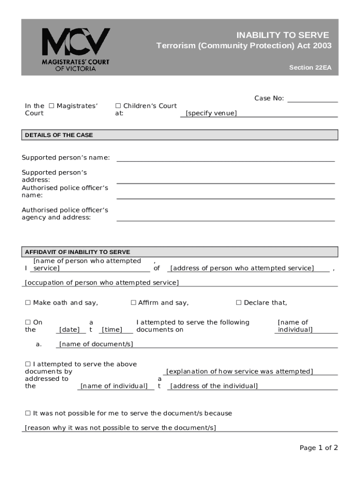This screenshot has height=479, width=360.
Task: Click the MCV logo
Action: point(76,49)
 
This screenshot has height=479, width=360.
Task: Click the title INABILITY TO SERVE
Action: point(282,35)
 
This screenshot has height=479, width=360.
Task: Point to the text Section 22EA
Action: point(310,67)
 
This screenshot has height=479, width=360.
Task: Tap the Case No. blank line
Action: point(312,99)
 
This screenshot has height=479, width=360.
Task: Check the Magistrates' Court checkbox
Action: point(51,106)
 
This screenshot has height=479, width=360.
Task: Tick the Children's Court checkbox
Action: point(118,106)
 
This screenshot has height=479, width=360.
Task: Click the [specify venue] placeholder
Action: point(211,113)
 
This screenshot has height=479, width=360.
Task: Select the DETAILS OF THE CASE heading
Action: point(59,135)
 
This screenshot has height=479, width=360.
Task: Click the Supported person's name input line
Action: point(225,158)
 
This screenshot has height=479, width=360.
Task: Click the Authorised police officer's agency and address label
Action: point(65,214)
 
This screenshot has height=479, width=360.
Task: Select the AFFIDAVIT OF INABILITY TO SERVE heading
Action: point(78,252)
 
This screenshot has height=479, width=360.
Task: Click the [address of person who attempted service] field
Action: point(242,268)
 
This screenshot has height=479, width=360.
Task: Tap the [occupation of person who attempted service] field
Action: point(101,283)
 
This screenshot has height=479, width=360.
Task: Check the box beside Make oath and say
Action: point(27,303)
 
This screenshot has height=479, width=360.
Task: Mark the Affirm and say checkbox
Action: point(133,303)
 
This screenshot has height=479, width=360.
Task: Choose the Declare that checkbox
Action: point(239,303)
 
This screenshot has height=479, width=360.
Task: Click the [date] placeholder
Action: point(70,330)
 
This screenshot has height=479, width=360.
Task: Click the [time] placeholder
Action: point(112,330)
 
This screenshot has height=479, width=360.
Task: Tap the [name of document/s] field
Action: point(96,344)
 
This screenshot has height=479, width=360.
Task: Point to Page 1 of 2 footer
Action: point(318,448)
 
